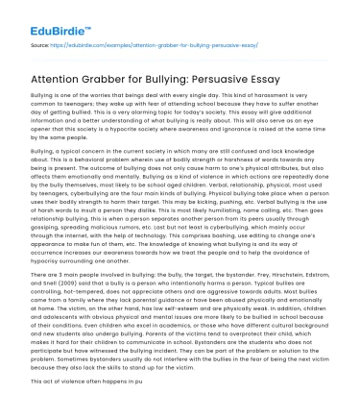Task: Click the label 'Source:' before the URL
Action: click(x=41, y=43)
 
